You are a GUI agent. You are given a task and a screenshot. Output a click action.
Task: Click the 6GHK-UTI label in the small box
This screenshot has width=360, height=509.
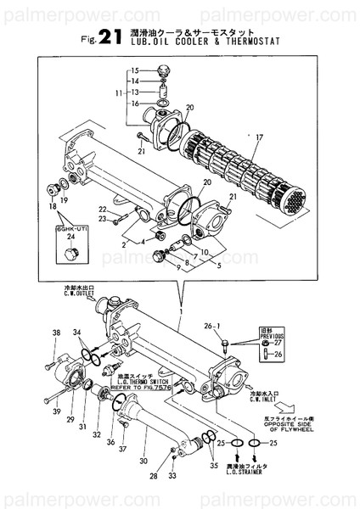pos(70,227)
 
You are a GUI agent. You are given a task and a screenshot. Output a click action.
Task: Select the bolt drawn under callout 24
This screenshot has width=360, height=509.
pos(70,254)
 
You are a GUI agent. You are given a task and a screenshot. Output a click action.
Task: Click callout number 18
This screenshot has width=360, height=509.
pos(53,206)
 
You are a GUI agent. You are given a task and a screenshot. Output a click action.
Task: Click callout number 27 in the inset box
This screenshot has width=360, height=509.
pos(277,343)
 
